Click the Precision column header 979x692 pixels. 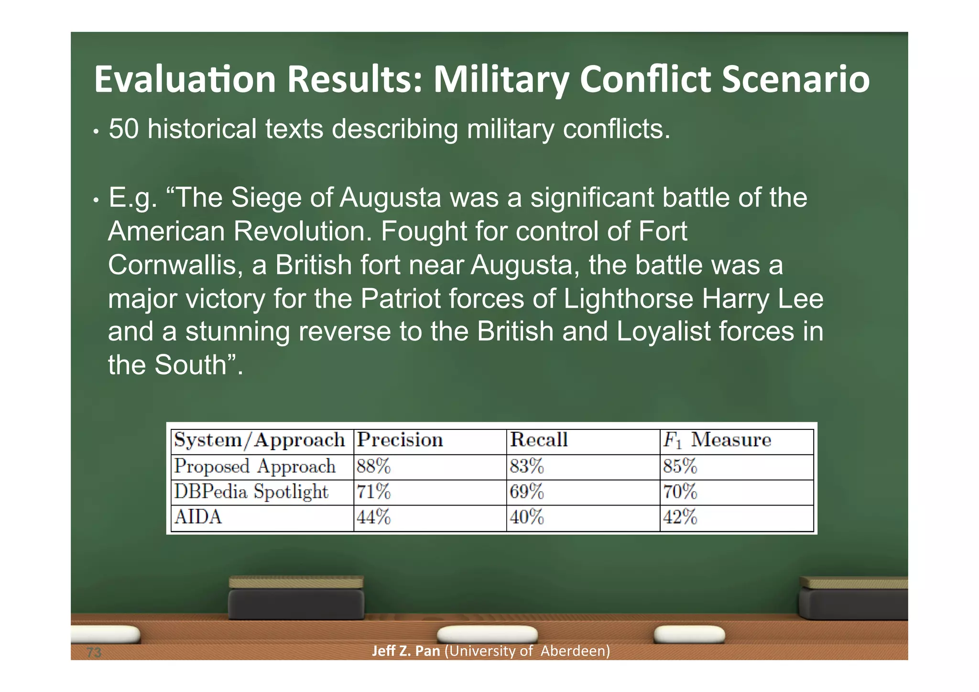[x=400, y=440]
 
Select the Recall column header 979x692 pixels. [x=539, y=440]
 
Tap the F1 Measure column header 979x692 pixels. [x=717, y=440]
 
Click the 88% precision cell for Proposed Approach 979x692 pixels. [x=373, y=466]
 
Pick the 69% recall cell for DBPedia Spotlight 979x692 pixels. [x=526, y=492]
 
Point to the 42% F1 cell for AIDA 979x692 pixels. [x=680, y=517]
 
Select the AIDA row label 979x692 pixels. [x=198, y=517]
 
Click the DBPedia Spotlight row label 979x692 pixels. [x=251, y=492]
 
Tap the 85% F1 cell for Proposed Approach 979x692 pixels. [x=680, y=466]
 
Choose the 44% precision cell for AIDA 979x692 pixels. [x=373, y=517]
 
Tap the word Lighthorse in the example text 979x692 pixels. [x=628, y=299]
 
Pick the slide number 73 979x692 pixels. [x=94, y=652]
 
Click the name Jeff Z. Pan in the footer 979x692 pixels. [x=406, y=651]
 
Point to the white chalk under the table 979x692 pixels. [x=487, y=634]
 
